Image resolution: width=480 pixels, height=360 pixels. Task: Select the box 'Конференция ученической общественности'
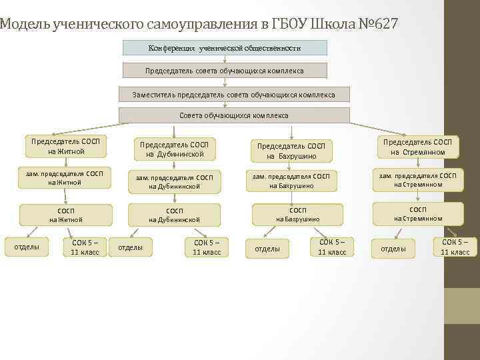coord(225,48)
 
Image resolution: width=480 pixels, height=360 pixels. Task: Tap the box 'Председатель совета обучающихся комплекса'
coord(225,71)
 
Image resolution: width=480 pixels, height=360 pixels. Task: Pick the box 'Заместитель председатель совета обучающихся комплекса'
coord(233,94)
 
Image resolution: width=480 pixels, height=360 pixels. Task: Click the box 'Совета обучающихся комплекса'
coord(233,115)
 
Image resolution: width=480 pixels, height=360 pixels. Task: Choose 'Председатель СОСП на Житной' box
coord(66,147)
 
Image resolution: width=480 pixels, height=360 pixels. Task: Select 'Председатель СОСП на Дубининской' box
coord(174,150)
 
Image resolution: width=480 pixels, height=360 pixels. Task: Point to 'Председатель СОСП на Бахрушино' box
coord(291,151)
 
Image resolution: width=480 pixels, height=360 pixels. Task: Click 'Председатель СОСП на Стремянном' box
coord(418,147)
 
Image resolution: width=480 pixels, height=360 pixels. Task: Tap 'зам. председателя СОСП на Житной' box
coord(65,178)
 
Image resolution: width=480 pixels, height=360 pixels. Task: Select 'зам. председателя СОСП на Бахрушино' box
coord(291,181)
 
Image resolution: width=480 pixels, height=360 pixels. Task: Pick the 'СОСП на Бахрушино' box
coord(298,214)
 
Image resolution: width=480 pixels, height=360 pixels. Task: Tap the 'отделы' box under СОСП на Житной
coord(27,247)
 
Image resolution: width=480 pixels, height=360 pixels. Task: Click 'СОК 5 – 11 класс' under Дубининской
coord(207,247)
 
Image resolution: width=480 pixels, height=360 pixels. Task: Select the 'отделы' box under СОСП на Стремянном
coord(393,249)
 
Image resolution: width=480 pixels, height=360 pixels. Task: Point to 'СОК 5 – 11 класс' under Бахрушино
coord(332,247)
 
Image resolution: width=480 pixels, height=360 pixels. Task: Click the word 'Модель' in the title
coord(22,25)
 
